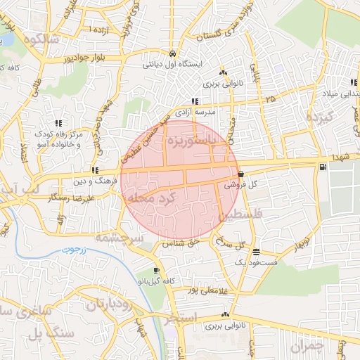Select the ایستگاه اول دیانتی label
pos(173,64)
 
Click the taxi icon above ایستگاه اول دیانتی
pos(173,53)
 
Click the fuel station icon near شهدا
pos(323,167)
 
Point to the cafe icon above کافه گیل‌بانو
pos(155,271)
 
